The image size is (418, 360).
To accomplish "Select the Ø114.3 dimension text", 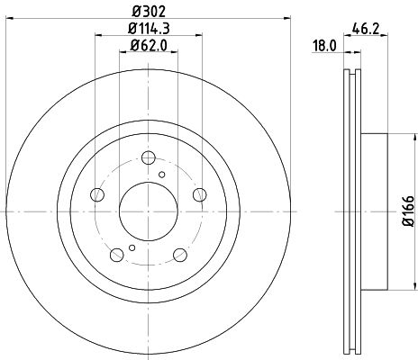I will tap(150, 31).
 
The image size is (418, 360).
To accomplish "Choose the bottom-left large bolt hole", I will tap(119, 253).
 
